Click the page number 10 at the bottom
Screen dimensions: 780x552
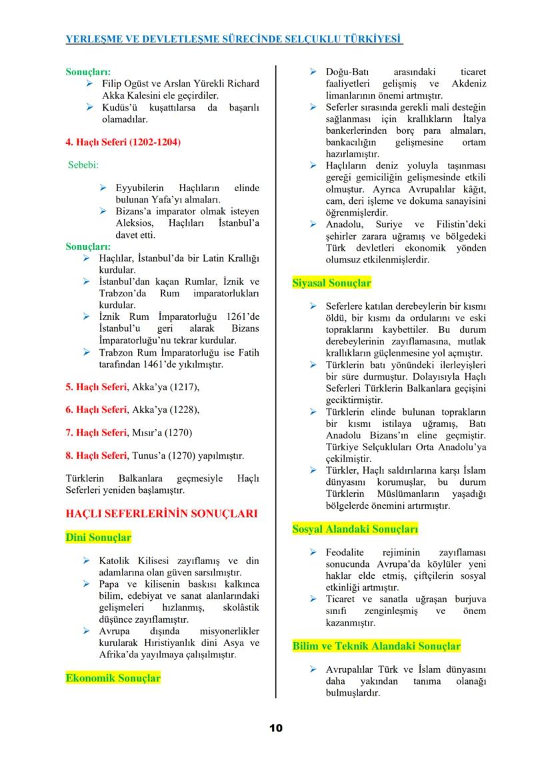(276, 728)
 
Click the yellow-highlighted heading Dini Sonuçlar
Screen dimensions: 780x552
(98, 537)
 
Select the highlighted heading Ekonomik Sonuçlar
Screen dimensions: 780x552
(113, 678)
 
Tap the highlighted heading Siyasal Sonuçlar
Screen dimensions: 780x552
(331, 283)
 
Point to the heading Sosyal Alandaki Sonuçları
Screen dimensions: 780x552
(355, 530)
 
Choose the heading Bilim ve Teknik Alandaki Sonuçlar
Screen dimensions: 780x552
(376, 646)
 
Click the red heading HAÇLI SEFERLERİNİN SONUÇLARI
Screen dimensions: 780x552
(161, 514)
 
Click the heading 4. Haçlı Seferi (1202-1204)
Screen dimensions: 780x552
(123, 143)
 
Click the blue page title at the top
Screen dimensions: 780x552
(234, 39)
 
